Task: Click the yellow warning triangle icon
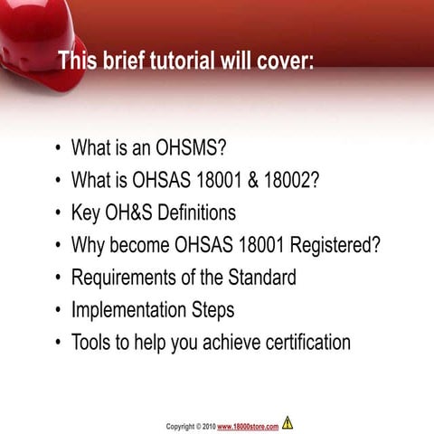point(288,422)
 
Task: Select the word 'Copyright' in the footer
point(184,426)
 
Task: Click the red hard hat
point(36,41)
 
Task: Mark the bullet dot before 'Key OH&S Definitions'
point(59,213)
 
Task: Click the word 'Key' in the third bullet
point(85,212)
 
